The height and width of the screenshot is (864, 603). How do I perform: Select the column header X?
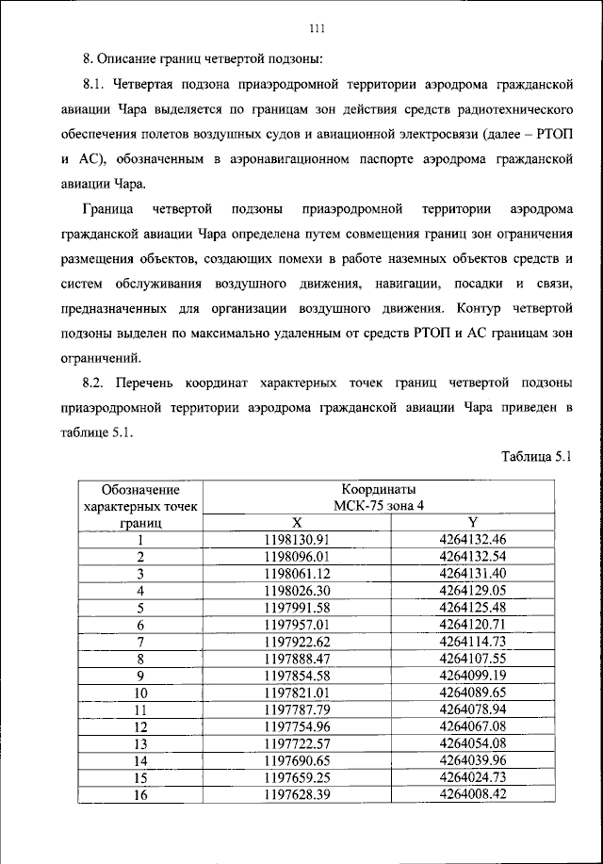pyautogui.click(x=298, y=523)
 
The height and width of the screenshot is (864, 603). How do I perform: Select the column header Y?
pyautogui.click(x=473, y=523)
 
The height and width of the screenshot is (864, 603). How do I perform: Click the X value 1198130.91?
pyautogui.click(x=298, y=540)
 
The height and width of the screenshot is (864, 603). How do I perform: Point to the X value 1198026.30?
pyautogui.click(x=298, y=590)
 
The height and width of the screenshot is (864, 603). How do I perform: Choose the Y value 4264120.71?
pyautogui.click(x=473, y=623)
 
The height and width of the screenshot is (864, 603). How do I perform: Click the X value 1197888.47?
pyautogui.click(x=298, y=657)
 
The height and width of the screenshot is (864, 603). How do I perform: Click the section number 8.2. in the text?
pyautogui.click(x=98, y=383)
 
